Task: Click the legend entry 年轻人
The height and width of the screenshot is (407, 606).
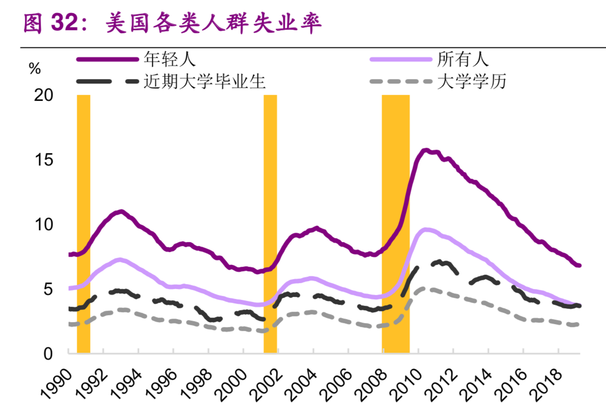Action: (x=170, y=59)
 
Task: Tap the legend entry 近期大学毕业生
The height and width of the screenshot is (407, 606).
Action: (x=205, y=81)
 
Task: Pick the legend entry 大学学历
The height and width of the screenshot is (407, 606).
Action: (x=472, y=81)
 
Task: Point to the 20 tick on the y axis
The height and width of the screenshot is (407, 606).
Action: (x=43, y=95)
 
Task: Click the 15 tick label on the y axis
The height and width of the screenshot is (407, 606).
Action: (x=43, y=160)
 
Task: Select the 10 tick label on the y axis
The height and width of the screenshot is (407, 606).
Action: (x=43, y=225)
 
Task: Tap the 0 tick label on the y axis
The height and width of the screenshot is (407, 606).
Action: (x=48, y=354)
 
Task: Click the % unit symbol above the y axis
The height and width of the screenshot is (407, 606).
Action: (x=35, y=70)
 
